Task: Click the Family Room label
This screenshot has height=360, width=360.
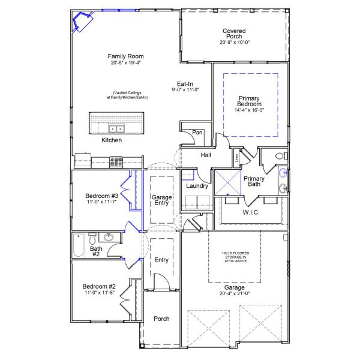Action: click(127, 56)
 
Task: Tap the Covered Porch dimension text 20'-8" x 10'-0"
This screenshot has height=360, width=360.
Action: click(234, 42)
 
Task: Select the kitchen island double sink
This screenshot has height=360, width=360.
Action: click(116, 128)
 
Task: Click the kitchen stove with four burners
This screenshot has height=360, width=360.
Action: click(116, 161)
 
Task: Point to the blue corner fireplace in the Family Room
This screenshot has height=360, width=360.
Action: click(80, 23)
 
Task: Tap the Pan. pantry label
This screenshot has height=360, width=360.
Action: click(198, 133)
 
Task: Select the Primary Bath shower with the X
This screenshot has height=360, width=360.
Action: click(227, 182)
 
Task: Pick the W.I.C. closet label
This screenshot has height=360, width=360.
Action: click(251, 212)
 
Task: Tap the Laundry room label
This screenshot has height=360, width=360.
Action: click(197, 186)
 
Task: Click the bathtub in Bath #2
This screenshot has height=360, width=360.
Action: click(78, 244)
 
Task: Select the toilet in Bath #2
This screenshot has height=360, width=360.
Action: click(92, 238)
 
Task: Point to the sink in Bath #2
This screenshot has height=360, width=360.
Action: click(109, 238)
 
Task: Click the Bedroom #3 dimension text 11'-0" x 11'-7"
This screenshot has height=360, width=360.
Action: click(101, 203)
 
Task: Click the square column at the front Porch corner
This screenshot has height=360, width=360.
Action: click(142, 345)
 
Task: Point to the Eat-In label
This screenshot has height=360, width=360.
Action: click(185, 85)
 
